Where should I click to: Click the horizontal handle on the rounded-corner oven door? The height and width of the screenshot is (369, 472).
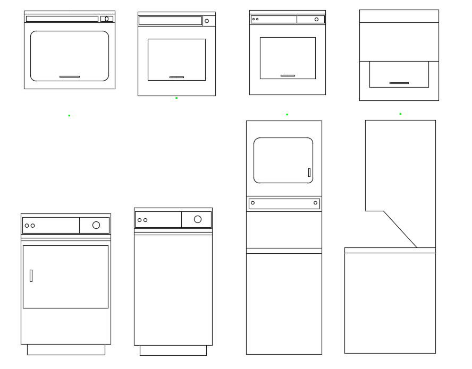pyautogui.click(x=70, y=76)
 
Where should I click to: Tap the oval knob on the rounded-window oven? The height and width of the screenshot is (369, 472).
pyautogui.click(x=106, y=19)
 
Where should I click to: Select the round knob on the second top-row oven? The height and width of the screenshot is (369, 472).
pyautogui.click(x=207, y=21)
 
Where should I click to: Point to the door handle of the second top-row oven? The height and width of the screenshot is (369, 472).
pyautogui.click(x=176, y=77)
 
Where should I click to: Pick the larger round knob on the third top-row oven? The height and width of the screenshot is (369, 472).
pyautogui.click(x=316, y=19)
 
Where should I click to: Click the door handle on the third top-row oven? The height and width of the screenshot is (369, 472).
pyautogui.click(x=288, y=75)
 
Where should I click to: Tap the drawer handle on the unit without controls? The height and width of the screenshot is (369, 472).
pyautogui.click(x=399, y=83)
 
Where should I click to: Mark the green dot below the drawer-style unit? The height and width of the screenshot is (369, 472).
pyautogui.click(x=400, y=114)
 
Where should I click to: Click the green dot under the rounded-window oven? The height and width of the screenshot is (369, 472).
pyautogui.click(x=69, y=115)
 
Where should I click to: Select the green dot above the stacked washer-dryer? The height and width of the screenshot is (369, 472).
pyautogui.click(x=287, y=114)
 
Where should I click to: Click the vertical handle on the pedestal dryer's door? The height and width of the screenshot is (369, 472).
pyautogui.click(x=31, y=276)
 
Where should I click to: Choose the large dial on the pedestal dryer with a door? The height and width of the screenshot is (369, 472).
pyautogui.click(x=96, y=225)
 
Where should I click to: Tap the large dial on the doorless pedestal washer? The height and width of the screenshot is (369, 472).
pyautogui.click(x=198, y=219)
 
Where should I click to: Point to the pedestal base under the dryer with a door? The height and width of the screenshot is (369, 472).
pyautogui.click(x=66, y=349)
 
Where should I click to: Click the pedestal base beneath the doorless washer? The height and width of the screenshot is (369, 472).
pyautogui.click(x=173, y=350)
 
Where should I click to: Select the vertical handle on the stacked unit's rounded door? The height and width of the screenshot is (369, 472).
pyautogui.click(x=309, y=173)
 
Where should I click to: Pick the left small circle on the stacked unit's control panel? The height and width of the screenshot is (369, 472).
pyautogui.click(x=252, y=203)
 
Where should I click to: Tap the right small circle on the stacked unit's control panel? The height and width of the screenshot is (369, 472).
pyautogui.click(x=315, y=203)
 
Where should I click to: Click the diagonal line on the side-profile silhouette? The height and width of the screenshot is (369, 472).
pyautogui.click(x=400, y=229)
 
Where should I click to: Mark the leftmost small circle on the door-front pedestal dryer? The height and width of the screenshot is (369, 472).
pyautogui.click(x=27, y=226)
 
